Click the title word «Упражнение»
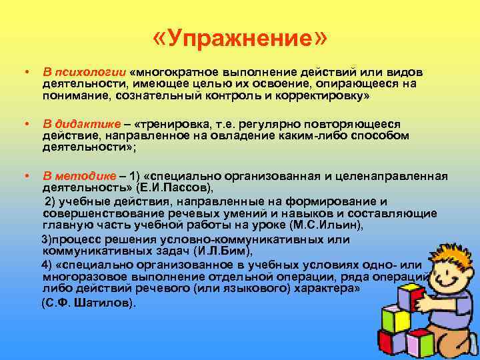240,41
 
